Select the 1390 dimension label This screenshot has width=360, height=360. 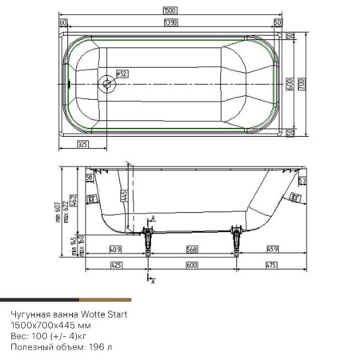(x=170, y=23)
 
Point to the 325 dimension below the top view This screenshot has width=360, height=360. (x=82, y=144)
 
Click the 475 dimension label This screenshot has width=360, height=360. (x=269, y=265)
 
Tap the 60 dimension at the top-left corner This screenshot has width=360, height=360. (x=62, y=23)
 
